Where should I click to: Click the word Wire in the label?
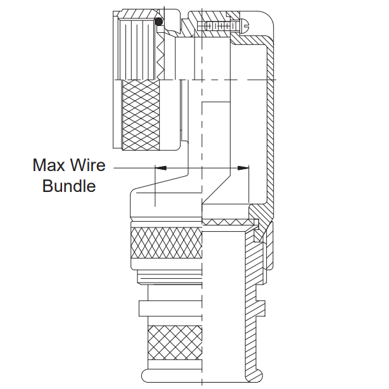click(x=87, y=166)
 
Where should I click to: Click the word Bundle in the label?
click(x=68, y=186)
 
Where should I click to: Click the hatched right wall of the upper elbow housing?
click(x=271, y=127)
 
